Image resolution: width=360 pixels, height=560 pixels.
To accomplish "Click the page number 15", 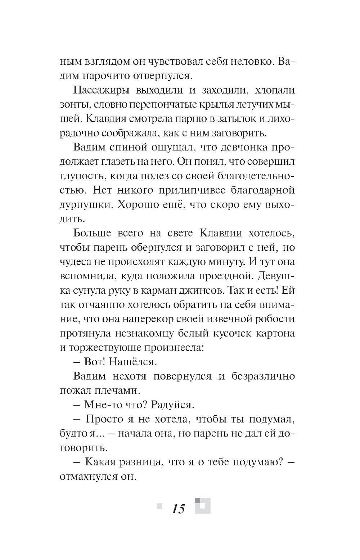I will pos(178,509).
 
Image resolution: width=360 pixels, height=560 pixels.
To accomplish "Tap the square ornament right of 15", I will pos(202,505).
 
